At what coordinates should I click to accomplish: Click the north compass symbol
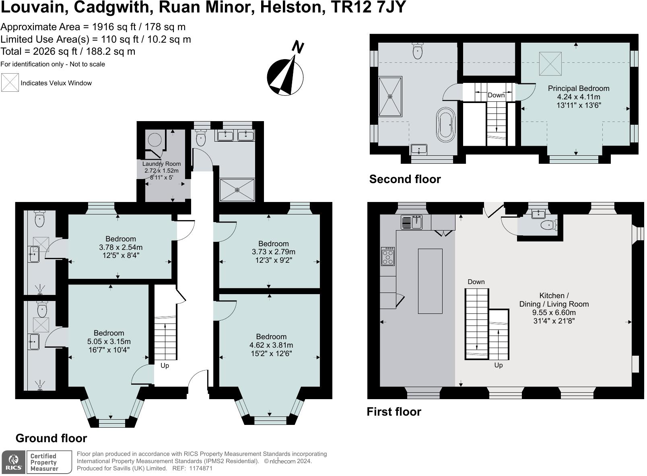(285, 76)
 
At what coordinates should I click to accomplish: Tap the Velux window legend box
(10, 82)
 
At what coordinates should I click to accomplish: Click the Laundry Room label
(161, 170)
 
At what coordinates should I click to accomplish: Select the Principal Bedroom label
(578, 97)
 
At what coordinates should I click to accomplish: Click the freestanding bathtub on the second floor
(445, 124)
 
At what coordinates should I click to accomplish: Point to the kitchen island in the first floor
(430, 281)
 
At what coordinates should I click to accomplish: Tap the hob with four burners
(388, 256)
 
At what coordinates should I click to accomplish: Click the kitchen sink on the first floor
(411, 222)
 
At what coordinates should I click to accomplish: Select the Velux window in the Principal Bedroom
(550, 64)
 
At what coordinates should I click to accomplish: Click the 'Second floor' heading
(405, 179)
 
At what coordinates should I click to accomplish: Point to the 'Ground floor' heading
(51, 438)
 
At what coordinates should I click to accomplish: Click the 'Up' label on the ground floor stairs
(165, 365)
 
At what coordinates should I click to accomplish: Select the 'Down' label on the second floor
(496, 95)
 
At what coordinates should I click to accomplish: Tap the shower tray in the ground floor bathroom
(237, 190)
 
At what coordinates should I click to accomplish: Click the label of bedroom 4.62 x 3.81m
(271, 345)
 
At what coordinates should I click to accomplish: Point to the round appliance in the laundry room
(155, 140)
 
